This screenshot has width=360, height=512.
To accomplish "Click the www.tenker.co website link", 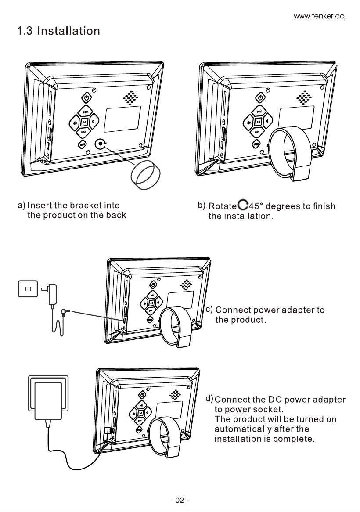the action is [319, 16].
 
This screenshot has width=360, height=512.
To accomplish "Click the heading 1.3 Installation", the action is [58, 31].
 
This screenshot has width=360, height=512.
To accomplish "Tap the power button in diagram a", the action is [86, 97].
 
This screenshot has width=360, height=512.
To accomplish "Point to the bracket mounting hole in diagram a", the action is [100, 143].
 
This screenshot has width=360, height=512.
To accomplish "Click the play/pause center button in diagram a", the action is [84, 122].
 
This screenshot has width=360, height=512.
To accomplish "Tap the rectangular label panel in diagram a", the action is [122, 119].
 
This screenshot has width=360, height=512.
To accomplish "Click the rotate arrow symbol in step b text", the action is [243, 205].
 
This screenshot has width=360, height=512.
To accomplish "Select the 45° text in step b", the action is [256, 206].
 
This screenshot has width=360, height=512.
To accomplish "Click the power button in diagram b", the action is [260, 97].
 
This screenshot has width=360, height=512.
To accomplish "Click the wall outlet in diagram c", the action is [28, 289].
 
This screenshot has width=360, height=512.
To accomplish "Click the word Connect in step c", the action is [233, 310].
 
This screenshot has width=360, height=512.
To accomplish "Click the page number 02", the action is [180, 500].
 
